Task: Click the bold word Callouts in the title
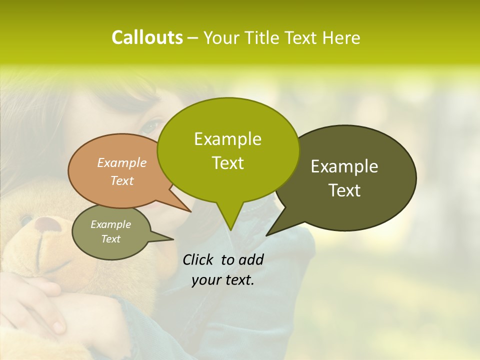click(147, 37)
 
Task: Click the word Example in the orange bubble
click(122, 162)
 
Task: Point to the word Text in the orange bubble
click(122, 180)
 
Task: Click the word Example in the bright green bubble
click(227, 139)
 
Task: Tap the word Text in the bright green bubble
click(227, 163)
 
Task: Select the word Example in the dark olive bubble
click(344, 166)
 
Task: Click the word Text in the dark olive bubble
click(344, 190)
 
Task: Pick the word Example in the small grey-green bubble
click(111, 224)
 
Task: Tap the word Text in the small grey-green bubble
click(111, 239)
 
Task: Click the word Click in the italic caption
click(198, 259)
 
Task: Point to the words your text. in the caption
click(223, 280)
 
